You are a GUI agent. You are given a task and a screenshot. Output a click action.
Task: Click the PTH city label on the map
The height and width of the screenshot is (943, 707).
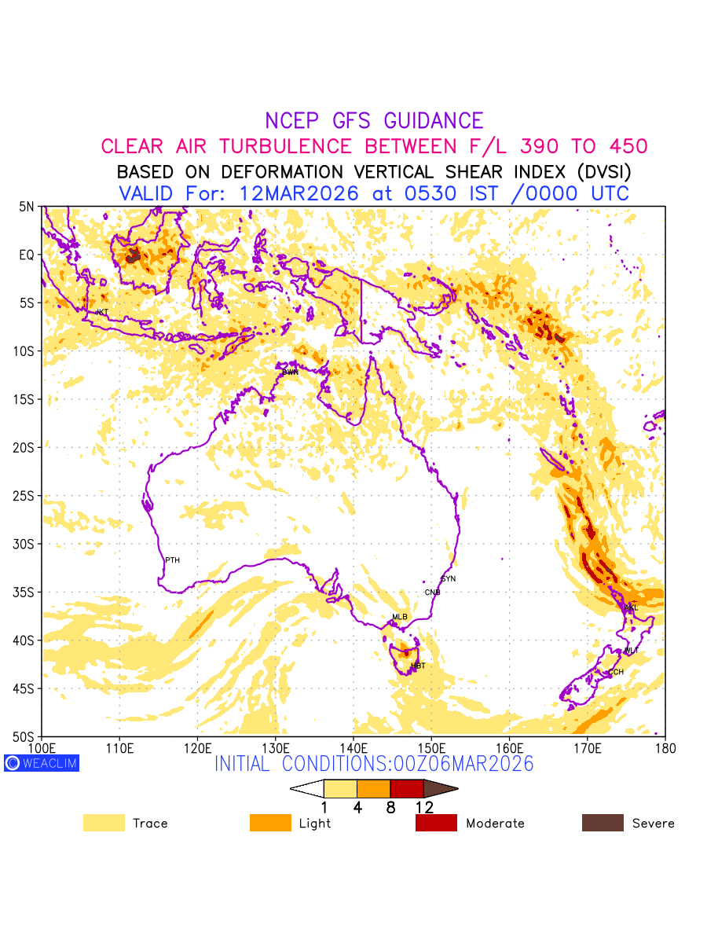pyautogui.click(x=172, y=560)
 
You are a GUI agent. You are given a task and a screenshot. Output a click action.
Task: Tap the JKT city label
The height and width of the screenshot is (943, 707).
pyautogui.click(x=101, y=313)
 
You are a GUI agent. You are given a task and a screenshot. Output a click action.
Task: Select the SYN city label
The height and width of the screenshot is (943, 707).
pyautogui.click(x=449, y=579)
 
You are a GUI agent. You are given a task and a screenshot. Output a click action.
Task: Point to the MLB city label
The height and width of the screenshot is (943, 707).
pyautogui.click(x=400, y=617)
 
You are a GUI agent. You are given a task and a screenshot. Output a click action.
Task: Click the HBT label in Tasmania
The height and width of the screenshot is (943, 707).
pyautogui.click(x=418, y=666)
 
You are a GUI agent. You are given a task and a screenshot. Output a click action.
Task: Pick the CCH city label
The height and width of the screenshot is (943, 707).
pyautogui.click(x=616, y=672)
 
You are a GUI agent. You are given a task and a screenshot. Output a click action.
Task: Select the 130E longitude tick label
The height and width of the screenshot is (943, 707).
pyautogui.click(x=276, y=747)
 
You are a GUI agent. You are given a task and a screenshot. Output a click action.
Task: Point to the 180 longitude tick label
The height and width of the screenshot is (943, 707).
pyautogui.click(x=665, y=747)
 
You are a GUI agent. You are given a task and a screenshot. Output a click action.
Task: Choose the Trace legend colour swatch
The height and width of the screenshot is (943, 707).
pyautogui.click(x=104, y=823)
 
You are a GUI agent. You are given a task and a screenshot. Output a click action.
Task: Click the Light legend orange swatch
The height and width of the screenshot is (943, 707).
pyautogui.click(x=270, y=823)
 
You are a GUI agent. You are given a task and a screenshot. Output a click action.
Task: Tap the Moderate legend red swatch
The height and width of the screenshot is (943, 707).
pyautogui.click(x=436, y=823)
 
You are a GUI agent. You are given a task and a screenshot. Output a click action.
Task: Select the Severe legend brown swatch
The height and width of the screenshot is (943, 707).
pyautogui.click(x=603, y=823)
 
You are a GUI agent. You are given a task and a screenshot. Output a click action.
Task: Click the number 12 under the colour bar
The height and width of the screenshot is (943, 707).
pyautogui.click(x=424, y=807)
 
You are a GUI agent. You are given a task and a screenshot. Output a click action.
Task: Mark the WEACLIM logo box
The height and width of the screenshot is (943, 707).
pyautogui.click(x=42, y=763)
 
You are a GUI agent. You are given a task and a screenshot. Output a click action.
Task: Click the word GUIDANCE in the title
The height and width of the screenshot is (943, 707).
pyautogui.click(x=434, y=121)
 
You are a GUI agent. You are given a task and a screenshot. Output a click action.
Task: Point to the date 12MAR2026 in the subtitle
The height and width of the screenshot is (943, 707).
pyautogui.click(x=300, y=193)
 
